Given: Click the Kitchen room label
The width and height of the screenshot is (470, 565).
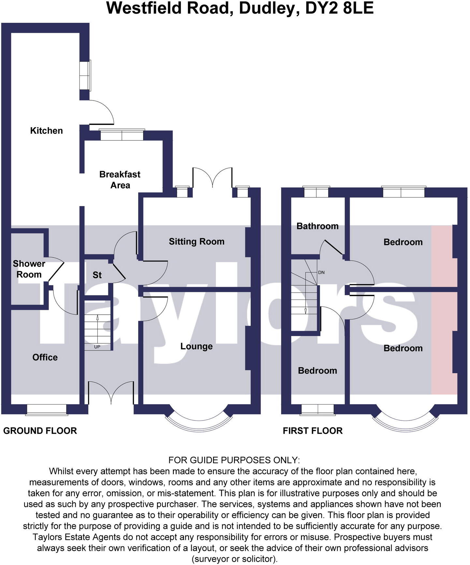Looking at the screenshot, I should point(46,131).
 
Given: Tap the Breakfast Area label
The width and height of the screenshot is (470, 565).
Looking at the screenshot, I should point(120,180).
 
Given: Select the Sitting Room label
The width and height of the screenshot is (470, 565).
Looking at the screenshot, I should point(196,241).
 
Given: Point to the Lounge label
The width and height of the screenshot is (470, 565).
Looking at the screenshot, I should point(196,346).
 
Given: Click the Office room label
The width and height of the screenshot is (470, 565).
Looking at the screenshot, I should point(45,357).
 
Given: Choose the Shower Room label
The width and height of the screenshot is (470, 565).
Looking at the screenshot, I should point(29,269).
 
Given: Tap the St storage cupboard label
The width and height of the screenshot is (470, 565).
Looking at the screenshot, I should point(97,275).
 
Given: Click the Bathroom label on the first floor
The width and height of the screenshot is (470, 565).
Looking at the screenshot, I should point(317,226).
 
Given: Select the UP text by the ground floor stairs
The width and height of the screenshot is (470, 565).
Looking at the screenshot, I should point(97,347).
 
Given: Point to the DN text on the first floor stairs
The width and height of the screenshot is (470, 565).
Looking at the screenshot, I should point(321,272).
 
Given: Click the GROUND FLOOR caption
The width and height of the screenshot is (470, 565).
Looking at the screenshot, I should point(40,431).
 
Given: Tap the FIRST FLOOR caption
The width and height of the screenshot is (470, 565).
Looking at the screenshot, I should point(313,431).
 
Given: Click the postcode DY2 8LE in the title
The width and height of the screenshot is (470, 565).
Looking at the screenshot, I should point(339,8).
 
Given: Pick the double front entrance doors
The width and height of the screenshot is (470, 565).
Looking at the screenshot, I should point(111,394).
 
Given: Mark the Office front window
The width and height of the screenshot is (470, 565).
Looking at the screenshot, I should point(47,410).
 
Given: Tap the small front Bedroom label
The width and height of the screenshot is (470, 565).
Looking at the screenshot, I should point(317,371).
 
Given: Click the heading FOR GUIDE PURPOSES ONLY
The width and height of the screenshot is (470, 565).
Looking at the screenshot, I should point(234,460).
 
